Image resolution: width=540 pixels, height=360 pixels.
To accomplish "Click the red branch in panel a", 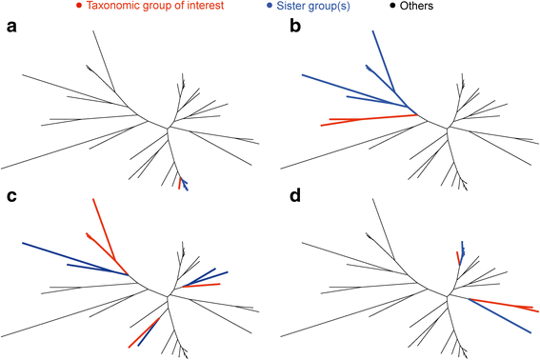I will (x=178, y=181).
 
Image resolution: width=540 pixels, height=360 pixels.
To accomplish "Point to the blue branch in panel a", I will (x=185, y=184).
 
